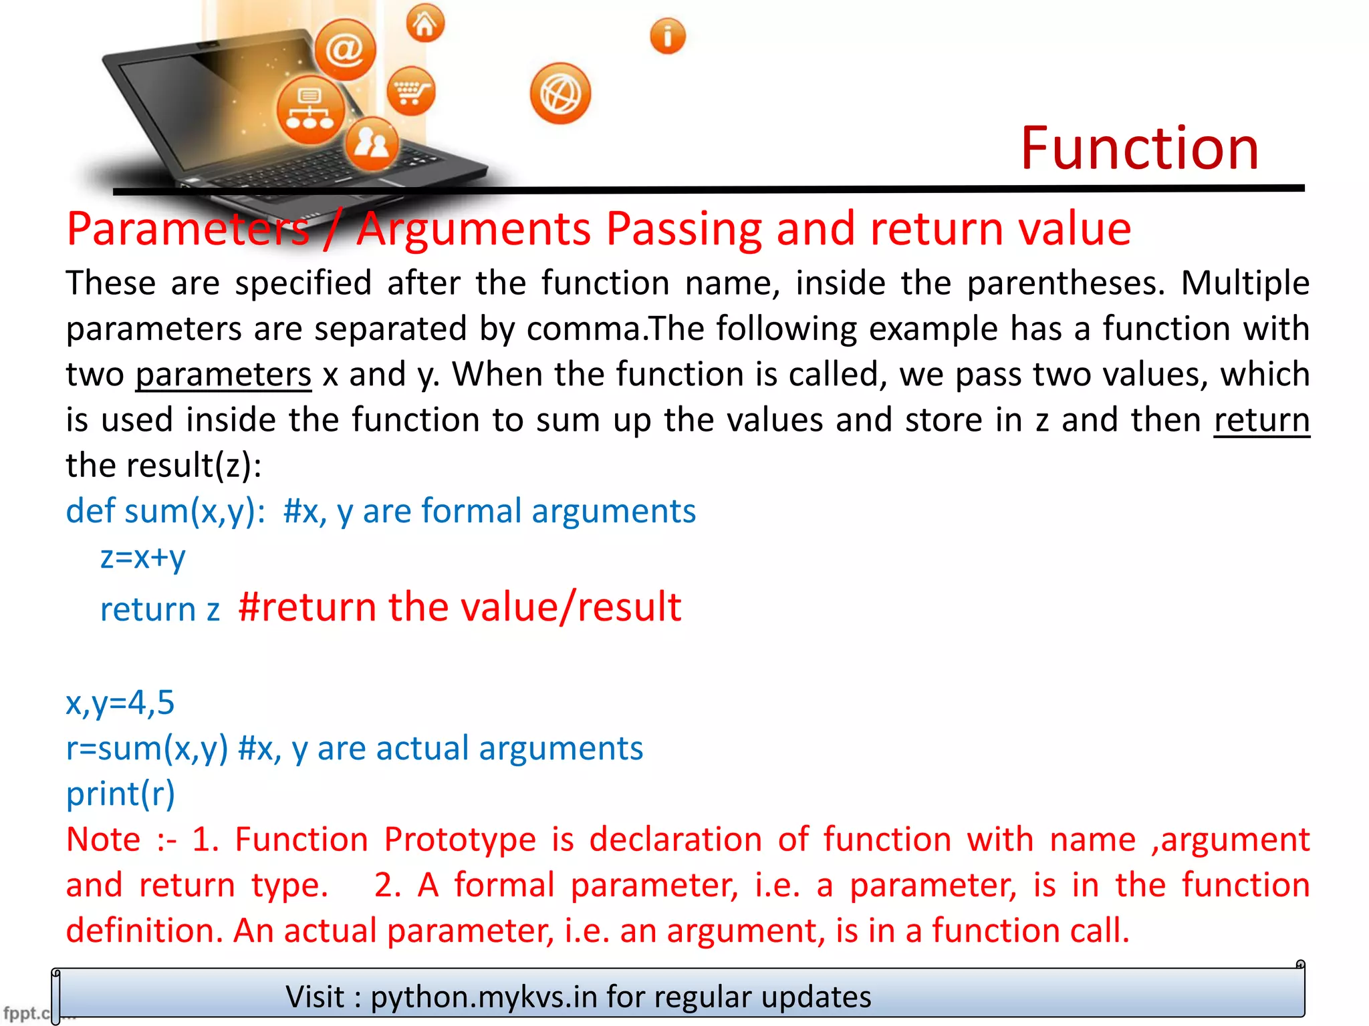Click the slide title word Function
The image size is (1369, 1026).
coord(1139,148)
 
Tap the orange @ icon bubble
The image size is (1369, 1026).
coord(345,50)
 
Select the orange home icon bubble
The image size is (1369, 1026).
coord(425,23)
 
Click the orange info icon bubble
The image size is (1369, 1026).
coord(667,36)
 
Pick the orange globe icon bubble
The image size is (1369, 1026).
coord(560,94)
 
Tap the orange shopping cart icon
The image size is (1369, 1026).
coord(410,91)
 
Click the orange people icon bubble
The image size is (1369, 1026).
coord(372,144)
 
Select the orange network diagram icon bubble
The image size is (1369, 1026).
coord(310,110)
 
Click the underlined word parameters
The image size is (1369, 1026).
coord(223,374)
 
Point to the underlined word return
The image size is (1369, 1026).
coord(1261,419)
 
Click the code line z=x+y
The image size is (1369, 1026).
coord(142,556)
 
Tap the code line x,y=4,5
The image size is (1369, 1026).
coord(120,703)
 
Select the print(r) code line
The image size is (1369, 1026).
coord(120,794)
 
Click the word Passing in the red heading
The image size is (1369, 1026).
coord(684,229)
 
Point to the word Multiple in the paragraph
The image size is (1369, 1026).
coord(1245,283)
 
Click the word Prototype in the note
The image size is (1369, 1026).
coord(460,839)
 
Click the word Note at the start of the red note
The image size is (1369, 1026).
coord(104,839)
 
